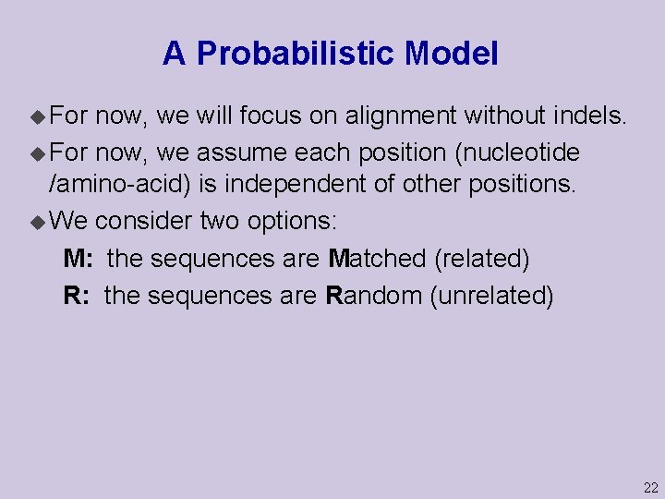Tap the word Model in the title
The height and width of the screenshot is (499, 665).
tap(451, 54)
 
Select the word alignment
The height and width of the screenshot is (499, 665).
tap(401, 116)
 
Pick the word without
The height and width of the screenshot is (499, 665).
tap(499, 116)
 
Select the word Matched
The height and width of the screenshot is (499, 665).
tap(377, 259)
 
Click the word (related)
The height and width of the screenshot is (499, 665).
tap(481, 259)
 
